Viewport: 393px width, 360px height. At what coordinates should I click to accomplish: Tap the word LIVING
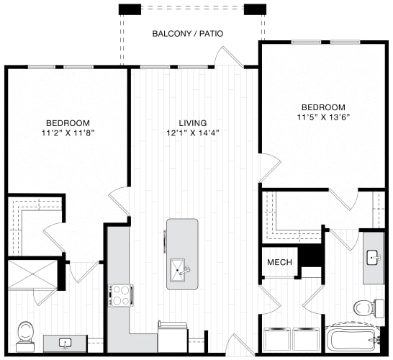[x=192, y=123]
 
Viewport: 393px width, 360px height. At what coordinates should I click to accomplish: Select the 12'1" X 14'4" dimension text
[x=192, y=134]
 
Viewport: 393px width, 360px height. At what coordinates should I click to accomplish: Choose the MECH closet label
[x=279, y=262]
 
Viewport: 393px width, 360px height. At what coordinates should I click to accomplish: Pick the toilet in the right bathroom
[x=363, y=307]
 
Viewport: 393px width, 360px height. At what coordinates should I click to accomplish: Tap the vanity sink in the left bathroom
[x=67, y=343]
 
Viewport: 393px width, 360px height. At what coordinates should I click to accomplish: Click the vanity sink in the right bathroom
[x=373, y=257]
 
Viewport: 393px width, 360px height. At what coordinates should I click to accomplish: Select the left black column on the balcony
[x=130, y=9]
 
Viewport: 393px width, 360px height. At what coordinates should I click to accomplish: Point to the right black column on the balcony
[x=254, y=9]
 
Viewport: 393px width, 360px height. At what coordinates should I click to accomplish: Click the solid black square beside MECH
[x=310, y=255]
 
